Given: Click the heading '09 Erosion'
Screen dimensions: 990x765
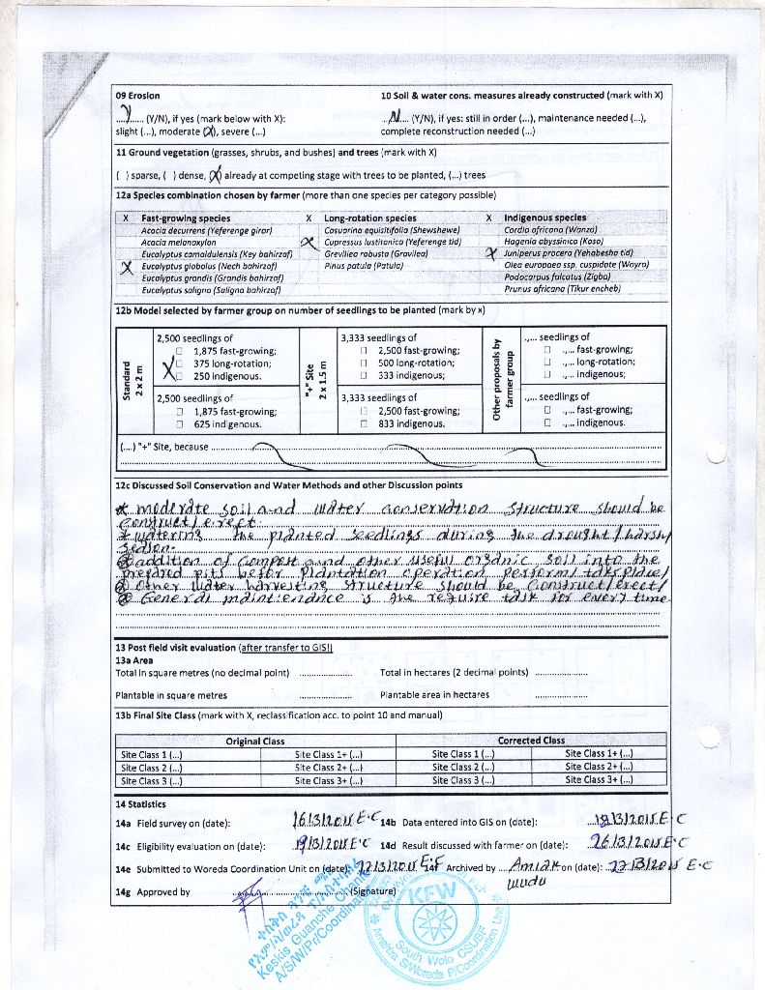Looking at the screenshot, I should [x=137, y=96].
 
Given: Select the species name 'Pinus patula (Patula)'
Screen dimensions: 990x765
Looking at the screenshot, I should [x=367, y=265].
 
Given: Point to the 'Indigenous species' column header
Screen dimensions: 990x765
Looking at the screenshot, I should [x=544, y=218].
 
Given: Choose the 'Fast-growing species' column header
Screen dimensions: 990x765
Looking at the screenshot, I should [x=186, y=218].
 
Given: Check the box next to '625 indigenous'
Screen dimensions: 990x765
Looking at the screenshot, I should [x=180, y=423].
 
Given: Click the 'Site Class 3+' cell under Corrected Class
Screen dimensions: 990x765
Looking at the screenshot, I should [x=600, y=779].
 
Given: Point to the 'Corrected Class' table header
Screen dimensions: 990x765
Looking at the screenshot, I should [x=531, y=741].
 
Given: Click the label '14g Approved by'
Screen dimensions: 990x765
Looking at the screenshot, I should [x=153, y=891].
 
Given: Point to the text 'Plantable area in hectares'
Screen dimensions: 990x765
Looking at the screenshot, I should [x=435, y=694].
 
